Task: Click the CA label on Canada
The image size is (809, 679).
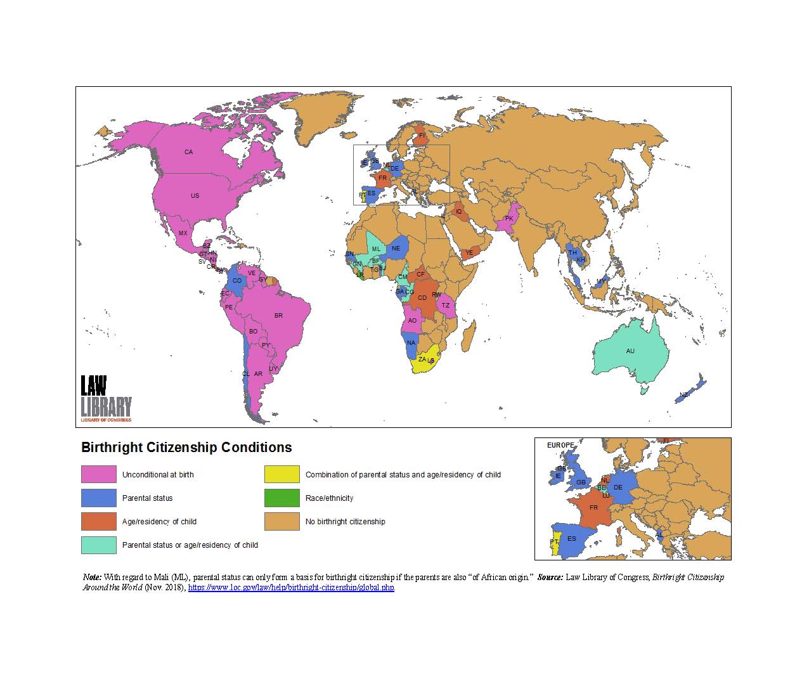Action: [188, 152]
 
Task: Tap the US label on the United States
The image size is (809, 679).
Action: [195, 196]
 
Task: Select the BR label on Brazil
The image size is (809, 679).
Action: [278, 316]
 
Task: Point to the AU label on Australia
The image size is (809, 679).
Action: [630, 351]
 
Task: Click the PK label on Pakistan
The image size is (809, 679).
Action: [508, 219]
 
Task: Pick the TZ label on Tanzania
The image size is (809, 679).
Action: [445, 306]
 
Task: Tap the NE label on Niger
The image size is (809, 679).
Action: [396, 249]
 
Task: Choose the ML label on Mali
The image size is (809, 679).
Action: [376, 249]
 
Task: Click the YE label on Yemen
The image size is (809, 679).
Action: [469, 253]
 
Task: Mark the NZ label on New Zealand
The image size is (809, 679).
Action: [683, 395]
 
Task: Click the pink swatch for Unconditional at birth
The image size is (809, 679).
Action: [99, 474]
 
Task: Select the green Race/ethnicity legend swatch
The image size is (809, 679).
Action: [282, 498]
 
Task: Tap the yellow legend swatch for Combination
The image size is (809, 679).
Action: [282, 474]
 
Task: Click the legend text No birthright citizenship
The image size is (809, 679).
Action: [345, 522]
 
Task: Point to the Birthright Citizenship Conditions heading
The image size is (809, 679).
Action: [186, 448]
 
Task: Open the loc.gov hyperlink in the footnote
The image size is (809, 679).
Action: [291, 588]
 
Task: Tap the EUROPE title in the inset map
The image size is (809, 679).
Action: [560, 445]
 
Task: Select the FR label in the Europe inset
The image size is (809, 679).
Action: [593, 508]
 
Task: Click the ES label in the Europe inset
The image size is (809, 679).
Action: [572, 539]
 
